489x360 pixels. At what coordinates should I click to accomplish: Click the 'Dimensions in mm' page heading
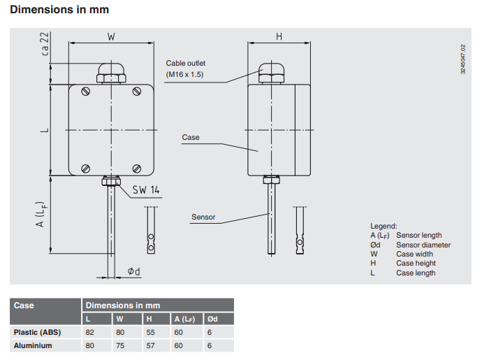click(x=59, y=10)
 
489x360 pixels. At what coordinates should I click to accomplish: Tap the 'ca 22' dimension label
click(x=45, y=43)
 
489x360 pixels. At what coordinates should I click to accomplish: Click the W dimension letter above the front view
click(x=111, y=36)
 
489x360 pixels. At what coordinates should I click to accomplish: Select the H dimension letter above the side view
click(x=279, y=36)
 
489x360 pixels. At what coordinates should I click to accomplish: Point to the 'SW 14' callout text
click(x=145, y=189)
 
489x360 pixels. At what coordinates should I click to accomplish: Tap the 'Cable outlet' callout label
click(x=186, y=63)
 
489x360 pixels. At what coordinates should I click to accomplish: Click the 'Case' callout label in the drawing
click(x=191, y=138)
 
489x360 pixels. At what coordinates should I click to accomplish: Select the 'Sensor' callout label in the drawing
click(x=203, y=217)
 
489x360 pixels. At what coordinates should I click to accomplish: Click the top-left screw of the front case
click(x=85, y=91)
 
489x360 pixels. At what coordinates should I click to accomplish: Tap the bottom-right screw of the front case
click(x=138, y=168)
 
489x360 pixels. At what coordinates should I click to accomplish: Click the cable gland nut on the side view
click(x=269, y=71)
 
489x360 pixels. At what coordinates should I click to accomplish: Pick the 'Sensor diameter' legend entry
click(x=423, y=245)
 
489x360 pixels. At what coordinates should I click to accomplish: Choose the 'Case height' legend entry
click(x=414, y=264)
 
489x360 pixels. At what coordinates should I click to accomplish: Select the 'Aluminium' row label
click(x=33, y=345)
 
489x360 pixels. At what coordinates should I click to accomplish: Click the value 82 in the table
click(x=89, y=332)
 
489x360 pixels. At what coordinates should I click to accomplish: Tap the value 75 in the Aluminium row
click(x=119, y=345)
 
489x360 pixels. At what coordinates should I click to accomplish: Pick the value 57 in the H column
click(x=149, y=345)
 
